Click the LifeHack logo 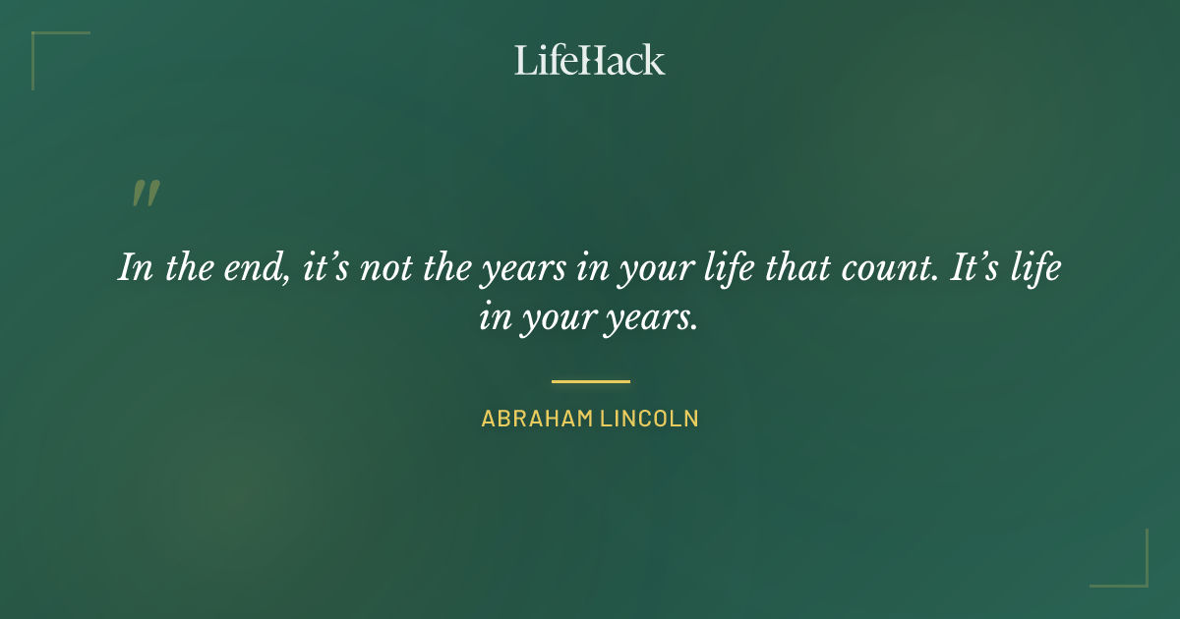pos(589,60)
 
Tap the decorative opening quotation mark pos(146,194)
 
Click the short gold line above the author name pos(590,381)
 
